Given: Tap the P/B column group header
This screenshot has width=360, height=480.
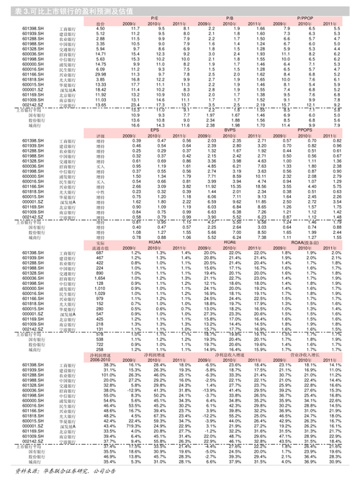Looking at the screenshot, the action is [230, 17].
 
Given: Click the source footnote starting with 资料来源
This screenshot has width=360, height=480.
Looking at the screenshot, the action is [58, 471].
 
